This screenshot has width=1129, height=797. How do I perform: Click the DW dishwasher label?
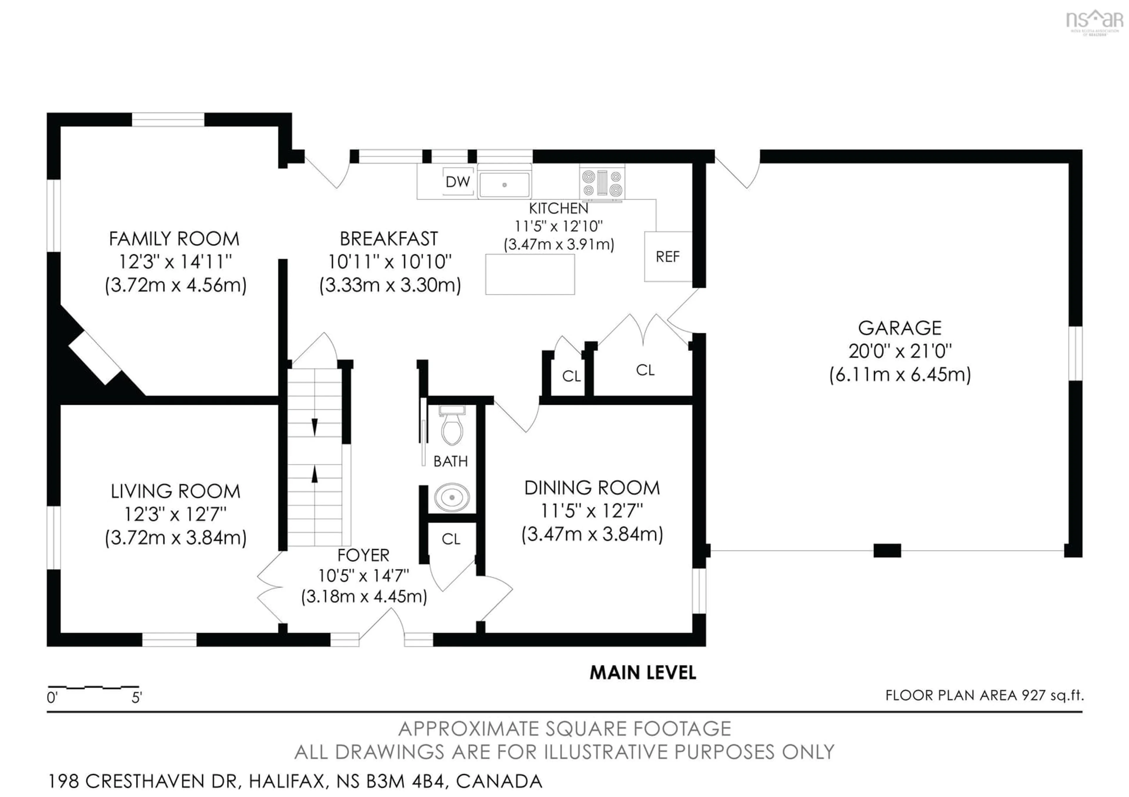pos(457,182)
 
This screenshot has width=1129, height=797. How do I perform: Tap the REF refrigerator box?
pos(667,257)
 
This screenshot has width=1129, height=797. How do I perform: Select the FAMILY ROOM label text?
pos(174,239)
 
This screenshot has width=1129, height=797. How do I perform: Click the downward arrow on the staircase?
pos(315,426)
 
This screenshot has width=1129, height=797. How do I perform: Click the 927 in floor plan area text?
pos(1033,695)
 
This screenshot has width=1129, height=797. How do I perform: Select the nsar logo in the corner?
pos(1095,21)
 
